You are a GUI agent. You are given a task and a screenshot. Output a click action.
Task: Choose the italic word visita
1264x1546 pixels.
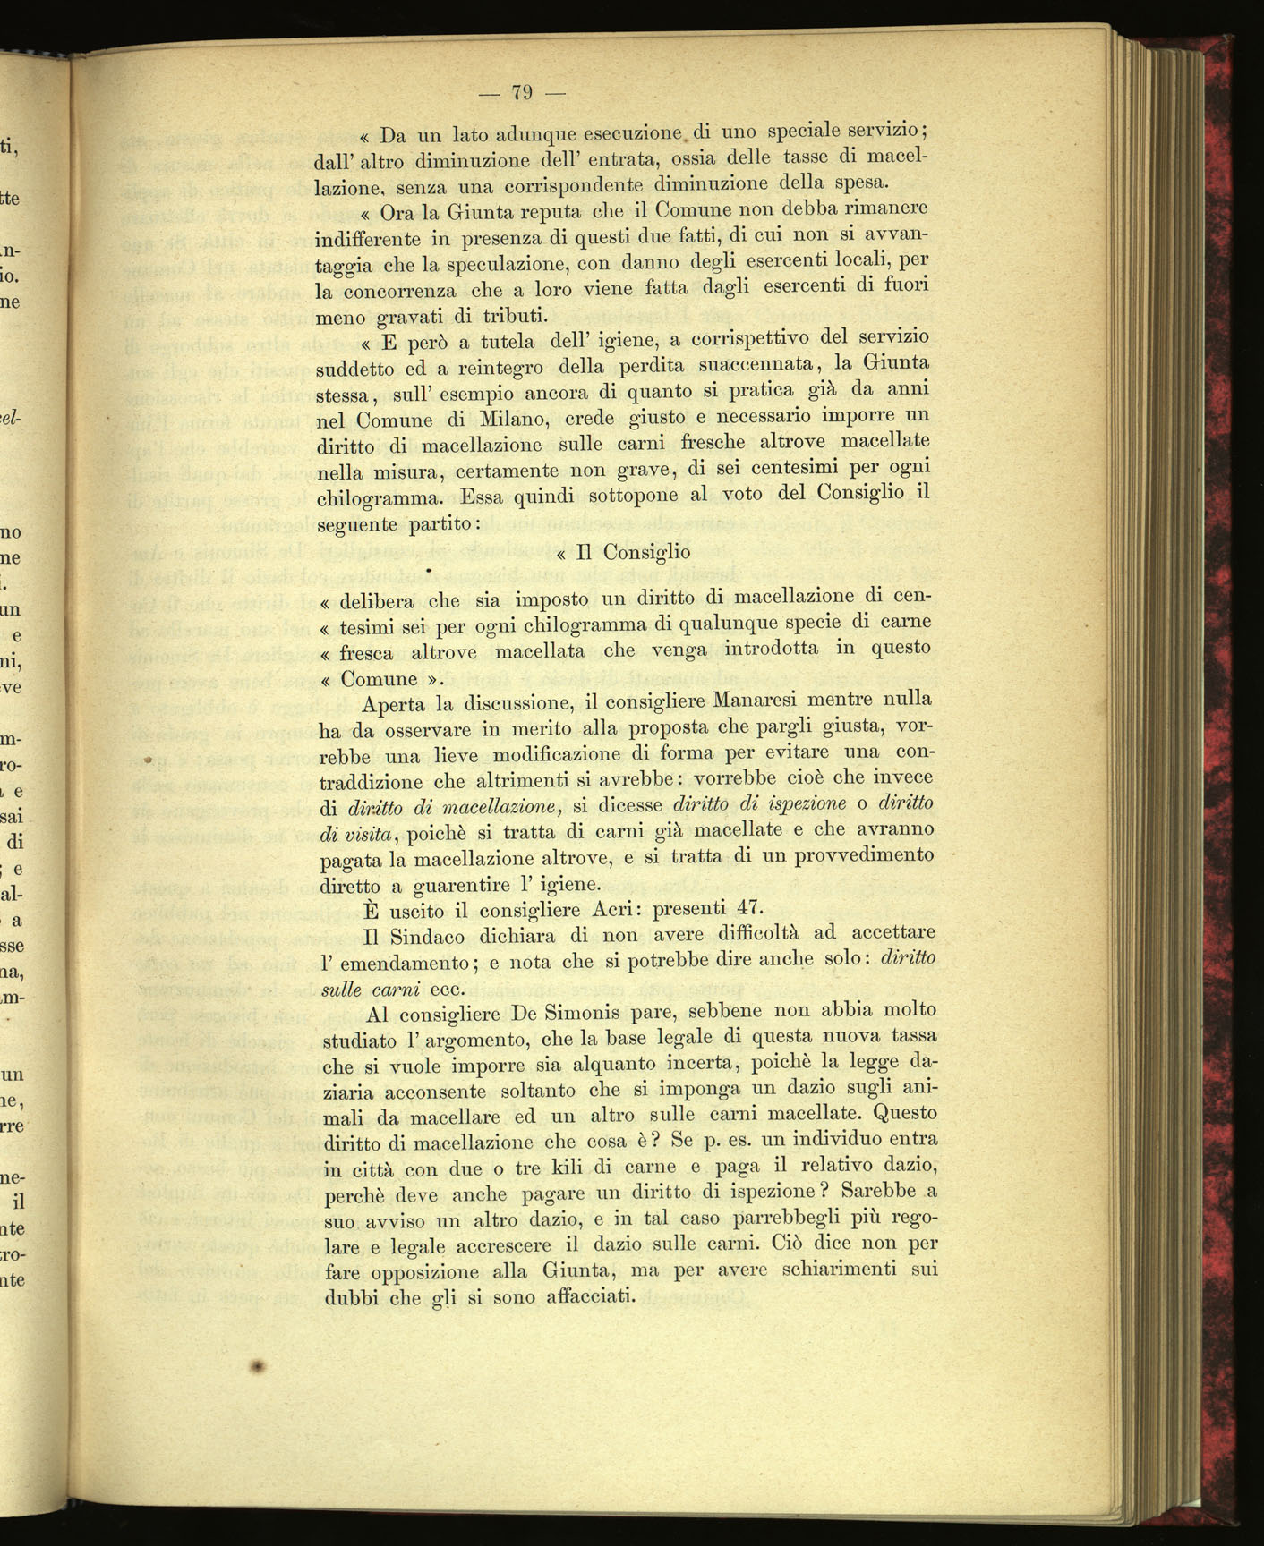coord(368,834)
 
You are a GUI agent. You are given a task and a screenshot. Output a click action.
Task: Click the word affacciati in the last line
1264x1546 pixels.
coord(596,1297)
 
